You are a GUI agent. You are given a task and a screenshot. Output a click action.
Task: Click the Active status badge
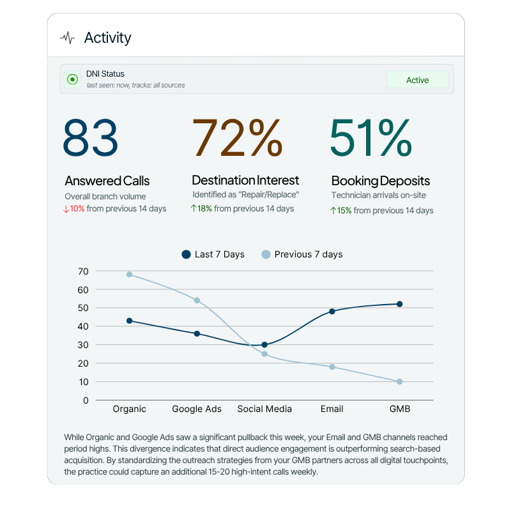coord(417,80)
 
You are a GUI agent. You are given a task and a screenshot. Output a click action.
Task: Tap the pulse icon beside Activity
coord(67,38)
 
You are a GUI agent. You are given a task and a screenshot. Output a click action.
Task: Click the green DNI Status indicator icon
coord(73,80)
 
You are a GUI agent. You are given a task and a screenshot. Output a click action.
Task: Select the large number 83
coord(91,137)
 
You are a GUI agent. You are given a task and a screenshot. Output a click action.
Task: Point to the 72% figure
coord(237,137)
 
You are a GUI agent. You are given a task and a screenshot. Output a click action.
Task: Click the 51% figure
coord(370,137)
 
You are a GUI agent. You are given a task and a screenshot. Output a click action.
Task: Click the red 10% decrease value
coord(77,209)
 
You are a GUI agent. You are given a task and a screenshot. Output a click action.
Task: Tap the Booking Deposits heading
coord(381,181)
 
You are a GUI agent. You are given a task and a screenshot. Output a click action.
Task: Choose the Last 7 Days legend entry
coord(213,254)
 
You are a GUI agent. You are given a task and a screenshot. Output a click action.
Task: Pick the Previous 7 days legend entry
coord(302,254)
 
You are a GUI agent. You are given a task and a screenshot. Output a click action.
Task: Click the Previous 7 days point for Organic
coord(129,275)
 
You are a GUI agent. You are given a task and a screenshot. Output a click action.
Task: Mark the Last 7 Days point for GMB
coord(399,304)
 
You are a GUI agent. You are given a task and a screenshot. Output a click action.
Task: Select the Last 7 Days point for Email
coord(332,312)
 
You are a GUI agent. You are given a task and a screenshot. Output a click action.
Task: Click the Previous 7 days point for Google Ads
coord(197,300)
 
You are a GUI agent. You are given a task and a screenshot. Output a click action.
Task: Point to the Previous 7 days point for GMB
coord(399,382)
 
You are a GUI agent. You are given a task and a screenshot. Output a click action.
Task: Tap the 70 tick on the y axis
coord(83,271)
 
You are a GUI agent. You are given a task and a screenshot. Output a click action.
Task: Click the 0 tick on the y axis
coord(86,400)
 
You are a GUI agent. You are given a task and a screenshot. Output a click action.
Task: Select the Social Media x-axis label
coord(264,409)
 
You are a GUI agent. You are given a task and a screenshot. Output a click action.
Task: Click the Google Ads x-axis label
coord(197,409)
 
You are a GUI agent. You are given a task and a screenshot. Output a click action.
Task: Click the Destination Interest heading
coord(245,181)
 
